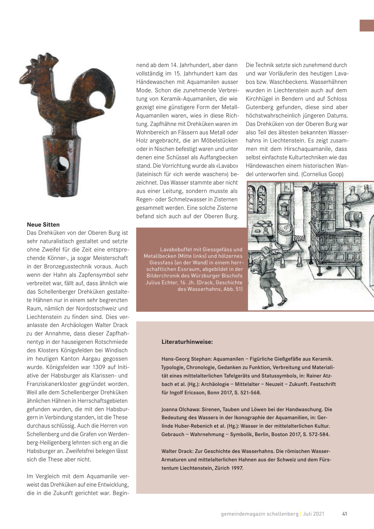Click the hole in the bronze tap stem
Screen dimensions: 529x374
point(61,164)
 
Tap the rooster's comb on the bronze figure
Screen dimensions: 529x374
point(40,61)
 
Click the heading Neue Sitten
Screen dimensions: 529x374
point(43,224)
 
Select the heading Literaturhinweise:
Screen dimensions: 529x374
point(187,342)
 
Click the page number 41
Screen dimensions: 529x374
point(344,514)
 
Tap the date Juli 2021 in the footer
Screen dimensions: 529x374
point(314,514)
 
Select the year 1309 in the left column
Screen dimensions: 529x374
point(99,367)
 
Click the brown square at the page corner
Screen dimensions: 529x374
point(367,26)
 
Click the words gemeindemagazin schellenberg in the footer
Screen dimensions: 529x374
point(259,514)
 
